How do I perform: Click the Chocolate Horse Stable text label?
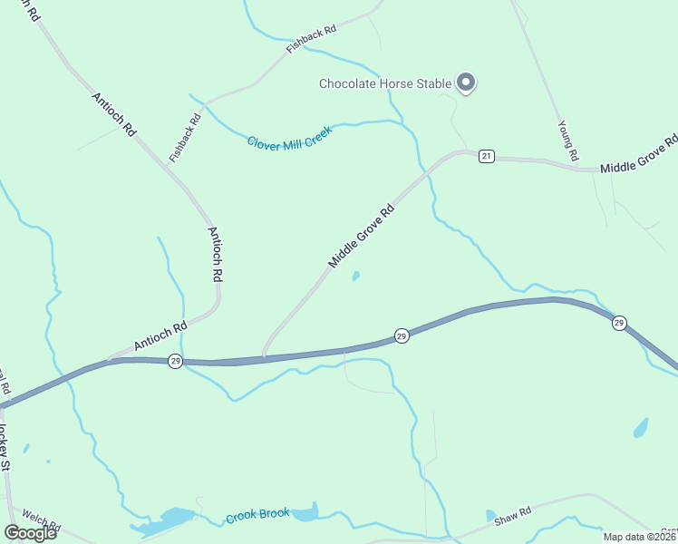pyautogui.click(x=384, y=84)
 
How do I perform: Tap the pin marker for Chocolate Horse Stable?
pyautogui.click(x=466, y=83)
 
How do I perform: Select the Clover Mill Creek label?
pyautogui.click(x=289, y=137)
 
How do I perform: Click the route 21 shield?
pyautogui.click(x=486, y=157)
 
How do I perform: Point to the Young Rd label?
pyautogui.click(x=567, y=141)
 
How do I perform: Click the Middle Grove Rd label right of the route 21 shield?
pyautogui.click(x=638, y=154)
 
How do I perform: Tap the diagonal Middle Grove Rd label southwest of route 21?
pyautogui.click(x=362, y=236)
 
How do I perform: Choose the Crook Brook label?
pyautogui.click(x=257, y=515)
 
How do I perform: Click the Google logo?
pyautogui.click(x=30, y=532)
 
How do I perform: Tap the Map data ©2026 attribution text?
pyautogui.click(x=640, y=537)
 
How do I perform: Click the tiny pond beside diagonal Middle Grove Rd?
pyautogui.click(x=355, y=276)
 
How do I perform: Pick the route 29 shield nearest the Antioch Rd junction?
pyautogui.click(x=175, y=361)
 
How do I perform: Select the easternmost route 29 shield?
pyautogui.click(x=619, y=323)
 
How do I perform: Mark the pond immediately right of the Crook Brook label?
pyautogui.click(x=305, y=513)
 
